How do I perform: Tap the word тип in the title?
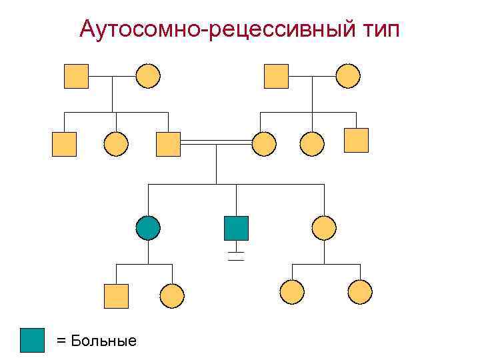[x=377, y=29]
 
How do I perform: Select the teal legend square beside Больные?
[x=32, y=340]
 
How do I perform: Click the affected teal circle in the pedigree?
[x=148, y=228]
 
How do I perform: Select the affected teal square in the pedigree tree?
[x=236, y=228]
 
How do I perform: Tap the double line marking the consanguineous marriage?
[x=216, y=142]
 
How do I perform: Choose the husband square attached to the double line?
[x=168, y=144]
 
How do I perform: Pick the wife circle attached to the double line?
[x=265, y=144]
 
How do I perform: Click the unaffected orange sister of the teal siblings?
[x=324, y=228]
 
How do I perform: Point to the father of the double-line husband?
[x=76, y=76]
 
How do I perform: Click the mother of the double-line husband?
[x=148, y=76]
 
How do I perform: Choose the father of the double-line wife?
[x=276, y=76]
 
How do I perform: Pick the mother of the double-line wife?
[x=348, y=76]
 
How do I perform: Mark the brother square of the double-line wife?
[x=356, y=140]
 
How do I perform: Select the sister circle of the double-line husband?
[x=117, y=144]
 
